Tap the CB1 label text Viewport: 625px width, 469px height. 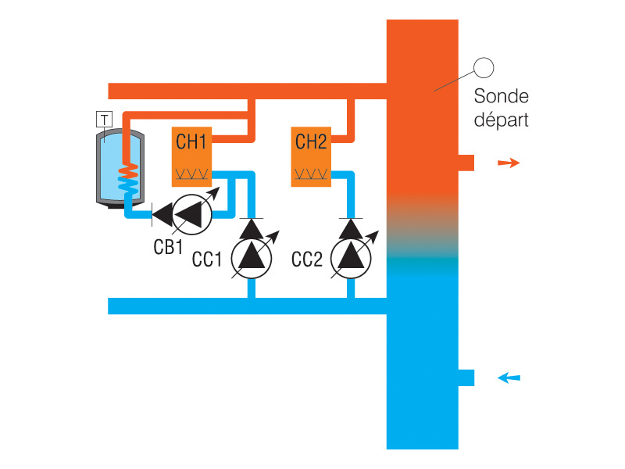click(x=167, y=247)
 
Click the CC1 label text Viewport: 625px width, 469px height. click(x=209, y=260)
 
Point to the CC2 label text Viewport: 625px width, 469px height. click(x=307, y=260)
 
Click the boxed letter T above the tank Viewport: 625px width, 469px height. click(x=104, y=120)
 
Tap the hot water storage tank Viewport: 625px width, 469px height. click(x=116, y=168)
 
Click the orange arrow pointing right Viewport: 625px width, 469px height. click(x=509, y=163)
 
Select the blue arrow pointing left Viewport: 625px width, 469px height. click(x=509, y=378)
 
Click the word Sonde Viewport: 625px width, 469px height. click(x=502, y=97)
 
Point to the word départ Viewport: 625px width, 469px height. click(x=502, y=120)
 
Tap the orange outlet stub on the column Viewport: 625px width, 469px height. click(x=466, y=163)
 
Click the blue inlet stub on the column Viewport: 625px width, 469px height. click(x=466, y=378)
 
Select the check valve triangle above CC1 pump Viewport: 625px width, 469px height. click(x=252, y=228)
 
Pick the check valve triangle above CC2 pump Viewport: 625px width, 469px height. click(x=351, y=228)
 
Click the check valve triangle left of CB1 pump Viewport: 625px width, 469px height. click(x=162, y=213)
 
